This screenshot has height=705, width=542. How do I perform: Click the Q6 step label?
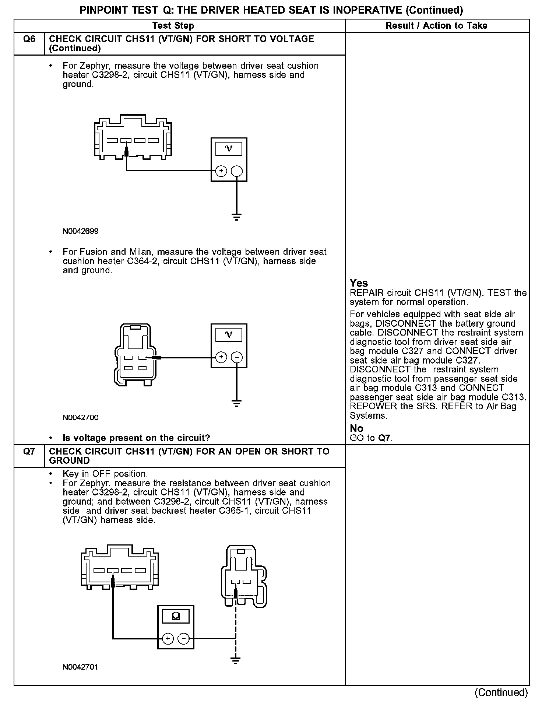29,39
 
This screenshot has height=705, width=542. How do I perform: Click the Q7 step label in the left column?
29,452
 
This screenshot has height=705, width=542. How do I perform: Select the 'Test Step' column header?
173,26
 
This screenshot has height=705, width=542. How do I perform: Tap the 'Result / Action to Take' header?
436,26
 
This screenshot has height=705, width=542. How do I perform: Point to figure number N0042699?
81,231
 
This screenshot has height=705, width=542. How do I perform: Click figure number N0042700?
81,418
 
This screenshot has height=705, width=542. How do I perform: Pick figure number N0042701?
81,667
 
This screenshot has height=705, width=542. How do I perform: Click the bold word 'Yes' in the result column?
359,283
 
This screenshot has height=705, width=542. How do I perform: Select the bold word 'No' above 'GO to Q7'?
356,428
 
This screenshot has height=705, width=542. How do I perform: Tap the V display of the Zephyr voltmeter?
229,149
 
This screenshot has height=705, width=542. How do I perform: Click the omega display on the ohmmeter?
176,616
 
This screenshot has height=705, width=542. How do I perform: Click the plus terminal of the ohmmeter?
168,638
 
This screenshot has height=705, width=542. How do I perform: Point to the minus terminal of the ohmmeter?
184,638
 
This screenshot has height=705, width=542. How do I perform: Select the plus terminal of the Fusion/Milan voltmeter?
221,357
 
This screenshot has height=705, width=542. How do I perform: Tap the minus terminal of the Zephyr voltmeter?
237,171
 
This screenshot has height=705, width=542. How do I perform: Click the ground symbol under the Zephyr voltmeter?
237,217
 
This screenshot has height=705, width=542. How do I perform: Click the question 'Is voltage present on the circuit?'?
136,438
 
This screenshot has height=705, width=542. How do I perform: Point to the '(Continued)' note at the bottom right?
501,692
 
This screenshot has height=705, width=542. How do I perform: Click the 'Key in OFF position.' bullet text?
105,474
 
